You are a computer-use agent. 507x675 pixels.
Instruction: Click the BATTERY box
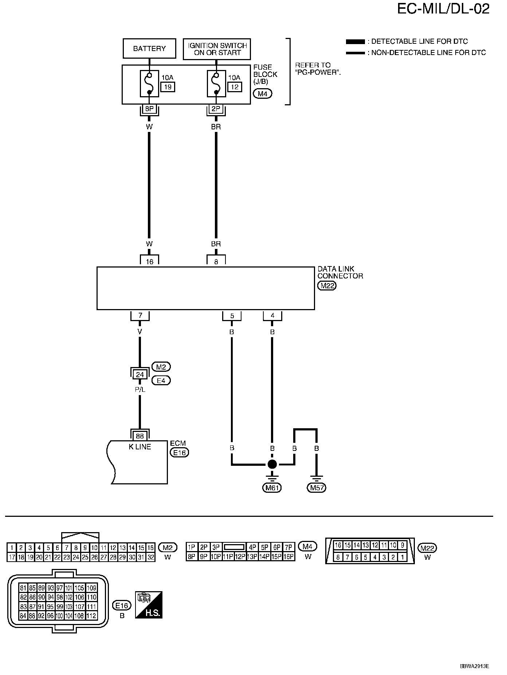pyautogui.click(x=149, y=48)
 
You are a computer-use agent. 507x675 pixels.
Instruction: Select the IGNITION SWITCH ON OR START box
pyautogui.click(x=217, y=49)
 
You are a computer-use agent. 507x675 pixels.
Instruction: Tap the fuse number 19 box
pyautogui.click(x=168, y=87)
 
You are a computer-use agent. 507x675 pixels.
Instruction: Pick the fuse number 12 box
pyautogui.click(x=235, y=87)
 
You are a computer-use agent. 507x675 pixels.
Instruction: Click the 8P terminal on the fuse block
pyautogui.click(x=149, y=109)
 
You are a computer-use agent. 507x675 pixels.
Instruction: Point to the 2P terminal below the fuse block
pyautogui.click(x=216, y=109)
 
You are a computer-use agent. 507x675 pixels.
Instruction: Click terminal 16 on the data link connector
pyautogui.click(x=149, y=261)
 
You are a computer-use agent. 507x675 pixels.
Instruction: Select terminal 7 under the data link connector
pyautogui.click(x=140, y=315)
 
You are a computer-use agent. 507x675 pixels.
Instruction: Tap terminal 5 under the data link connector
pyautogui.click(x=232, y=315)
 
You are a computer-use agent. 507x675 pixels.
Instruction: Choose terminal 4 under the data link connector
pyautogui.click(x=272, y=315)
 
